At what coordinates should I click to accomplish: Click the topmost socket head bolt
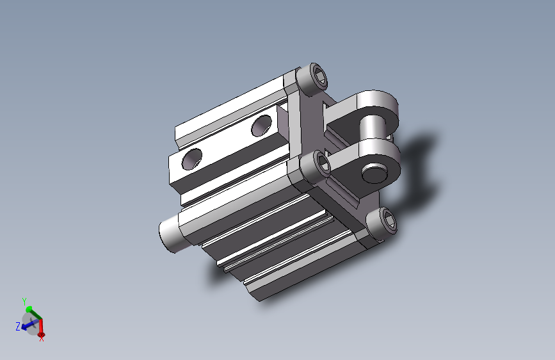tap(312, 79)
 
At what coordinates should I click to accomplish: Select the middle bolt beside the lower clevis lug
tap(317, 167)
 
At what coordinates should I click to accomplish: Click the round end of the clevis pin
tap(374, 173)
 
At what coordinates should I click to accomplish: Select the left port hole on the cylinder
tap(192, 159)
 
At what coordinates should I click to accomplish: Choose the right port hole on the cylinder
tap(262, 126)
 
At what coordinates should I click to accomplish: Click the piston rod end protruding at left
tap(169, 233)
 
